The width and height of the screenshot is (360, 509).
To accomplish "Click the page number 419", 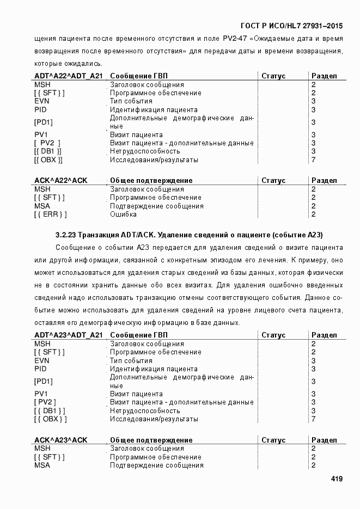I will click(337, 479).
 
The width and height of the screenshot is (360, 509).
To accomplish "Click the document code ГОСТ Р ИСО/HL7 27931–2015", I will click(291, 25).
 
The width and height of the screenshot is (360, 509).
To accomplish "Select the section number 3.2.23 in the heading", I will click(66, 235).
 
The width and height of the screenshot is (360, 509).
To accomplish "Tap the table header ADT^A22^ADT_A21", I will click(68, 76).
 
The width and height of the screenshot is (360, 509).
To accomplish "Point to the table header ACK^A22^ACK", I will click(60, 180).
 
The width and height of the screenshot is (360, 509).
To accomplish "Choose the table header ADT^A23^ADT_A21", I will click(68, 335).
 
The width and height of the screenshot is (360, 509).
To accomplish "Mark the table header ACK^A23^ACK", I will click(60, 440).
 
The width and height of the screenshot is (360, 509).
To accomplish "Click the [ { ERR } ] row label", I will click(50, 214).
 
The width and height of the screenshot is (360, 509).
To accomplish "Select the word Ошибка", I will click(123, 214).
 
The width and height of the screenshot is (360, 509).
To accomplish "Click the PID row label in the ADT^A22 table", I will click(40, 109).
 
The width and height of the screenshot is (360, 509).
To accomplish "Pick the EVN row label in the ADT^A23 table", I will click(42, 360).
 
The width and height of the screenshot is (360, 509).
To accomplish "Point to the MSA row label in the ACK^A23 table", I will click(42, 465).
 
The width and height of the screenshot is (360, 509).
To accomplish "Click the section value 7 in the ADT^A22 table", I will click(313, 160).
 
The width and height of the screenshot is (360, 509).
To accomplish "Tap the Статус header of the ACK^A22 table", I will click(273, 180).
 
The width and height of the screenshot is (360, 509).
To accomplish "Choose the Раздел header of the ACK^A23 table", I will click(324, 440).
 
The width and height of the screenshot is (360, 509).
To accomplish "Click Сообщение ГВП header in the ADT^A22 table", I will click(139, 76).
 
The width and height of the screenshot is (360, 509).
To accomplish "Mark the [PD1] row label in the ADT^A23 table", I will click(44, 381).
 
